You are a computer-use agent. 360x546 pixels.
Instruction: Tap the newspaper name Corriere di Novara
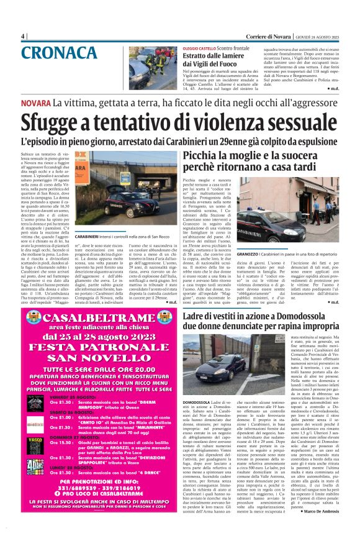(x=263, y=35)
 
